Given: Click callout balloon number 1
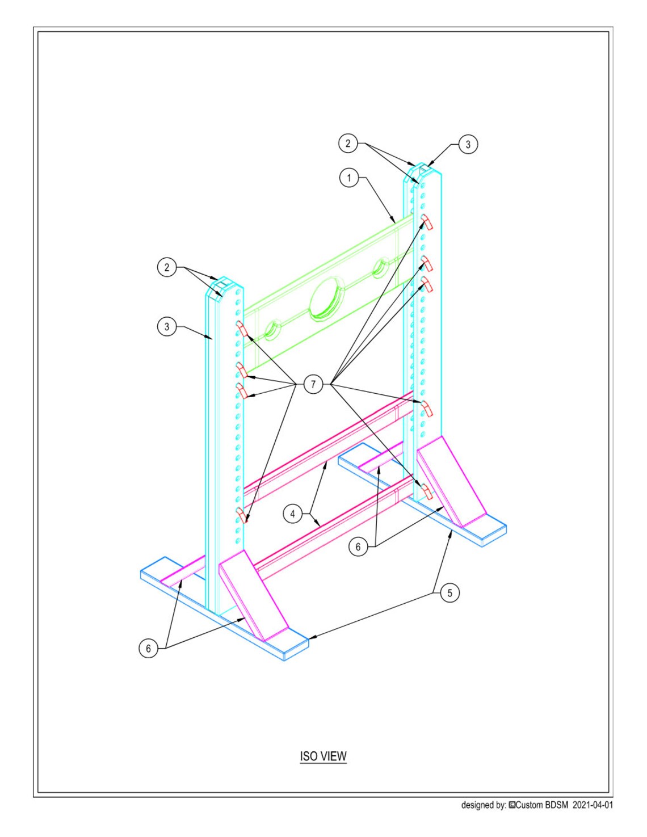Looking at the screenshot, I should (x=348, y=178).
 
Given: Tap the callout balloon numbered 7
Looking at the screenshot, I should (x=313, y=385).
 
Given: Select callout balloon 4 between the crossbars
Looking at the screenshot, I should (x=293, y=514).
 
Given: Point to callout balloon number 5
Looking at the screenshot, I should (x=450, y=593).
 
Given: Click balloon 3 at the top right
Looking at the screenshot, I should (x=468, y=144).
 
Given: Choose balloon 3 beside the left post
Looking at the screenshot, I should (x=167, y=326).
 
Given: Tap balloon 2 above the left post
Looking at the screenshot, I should (x=167, y=267).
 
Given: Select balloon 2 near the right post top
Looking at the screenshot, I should (x=348, y=144).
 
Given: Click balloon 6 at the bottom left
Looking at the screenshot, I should (x=149, y=649).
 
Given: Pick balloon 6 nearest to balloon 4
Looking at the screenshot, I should (x=358, y=547).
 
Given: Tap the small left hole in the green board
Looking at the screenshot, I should (x=274, y=330).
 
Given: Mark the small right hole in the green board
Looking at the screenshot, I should (x=381, y=267).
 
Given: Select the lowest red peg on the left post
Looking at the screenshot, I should (x=242, y=516).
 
